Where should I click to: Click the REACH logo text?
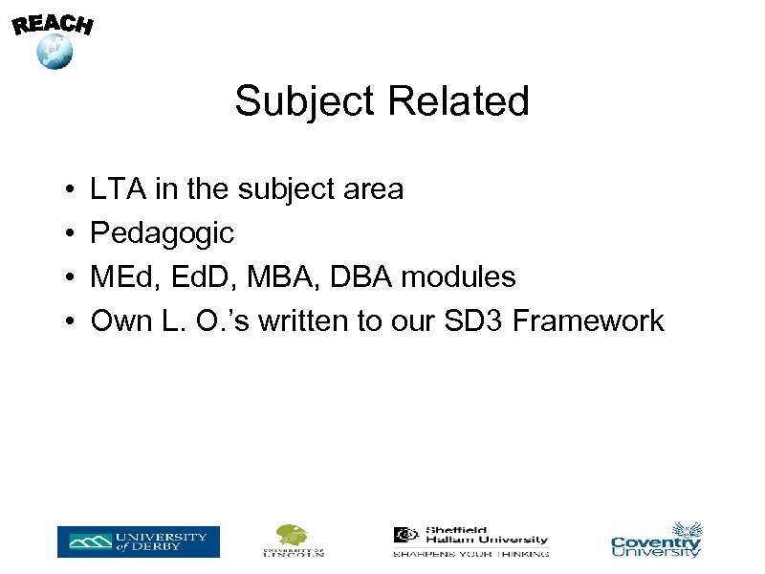click(x=53, y=23)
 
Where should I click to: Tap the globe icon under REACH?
click(x=55, y=53)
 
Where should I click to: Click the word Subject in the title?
click(x=297, y=101)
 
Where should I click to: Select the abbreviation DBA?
click(x=367, y=278)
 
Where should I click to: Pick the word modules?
click(x=459, y=278)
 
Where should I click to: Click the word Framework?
click(x=588, y=322)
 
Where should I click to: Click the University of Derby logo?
click(x=139, y=541)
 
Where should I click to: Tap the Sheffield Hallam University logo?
click(x=471, y=541)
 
